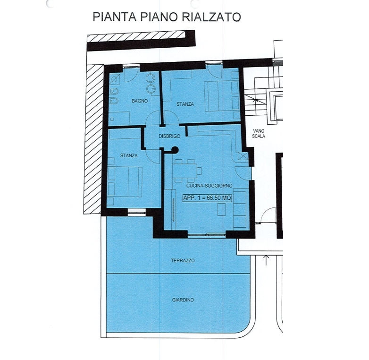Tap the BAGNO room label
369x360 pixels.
coord(140,101)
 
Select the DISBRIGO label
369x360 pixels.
coord(169,136)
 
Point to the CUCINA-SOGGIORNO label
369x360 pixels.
coord(209,186)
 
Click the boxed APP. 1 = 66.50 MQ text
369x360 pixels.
coord(207,197)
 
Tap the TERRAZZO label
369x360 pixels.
coord(183,261)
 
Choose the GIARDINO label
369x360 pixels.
coord(183,300)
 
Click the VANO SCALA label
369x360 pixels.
coord(259,133)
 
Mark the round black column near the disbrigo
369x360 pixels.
coord(175,150)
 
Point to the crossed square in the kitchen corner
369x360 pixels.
coord(243,156)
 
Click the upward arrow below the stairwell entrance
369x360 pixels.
coord(266,260)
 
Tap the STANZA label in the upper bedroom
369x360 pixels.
coord(185,104)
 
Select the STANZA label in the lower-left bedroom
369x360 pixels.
coord(129,155)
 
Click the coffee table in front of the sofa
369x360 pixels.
coord(221,209)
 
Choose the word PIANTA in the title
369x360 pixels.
coord(115,17)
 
